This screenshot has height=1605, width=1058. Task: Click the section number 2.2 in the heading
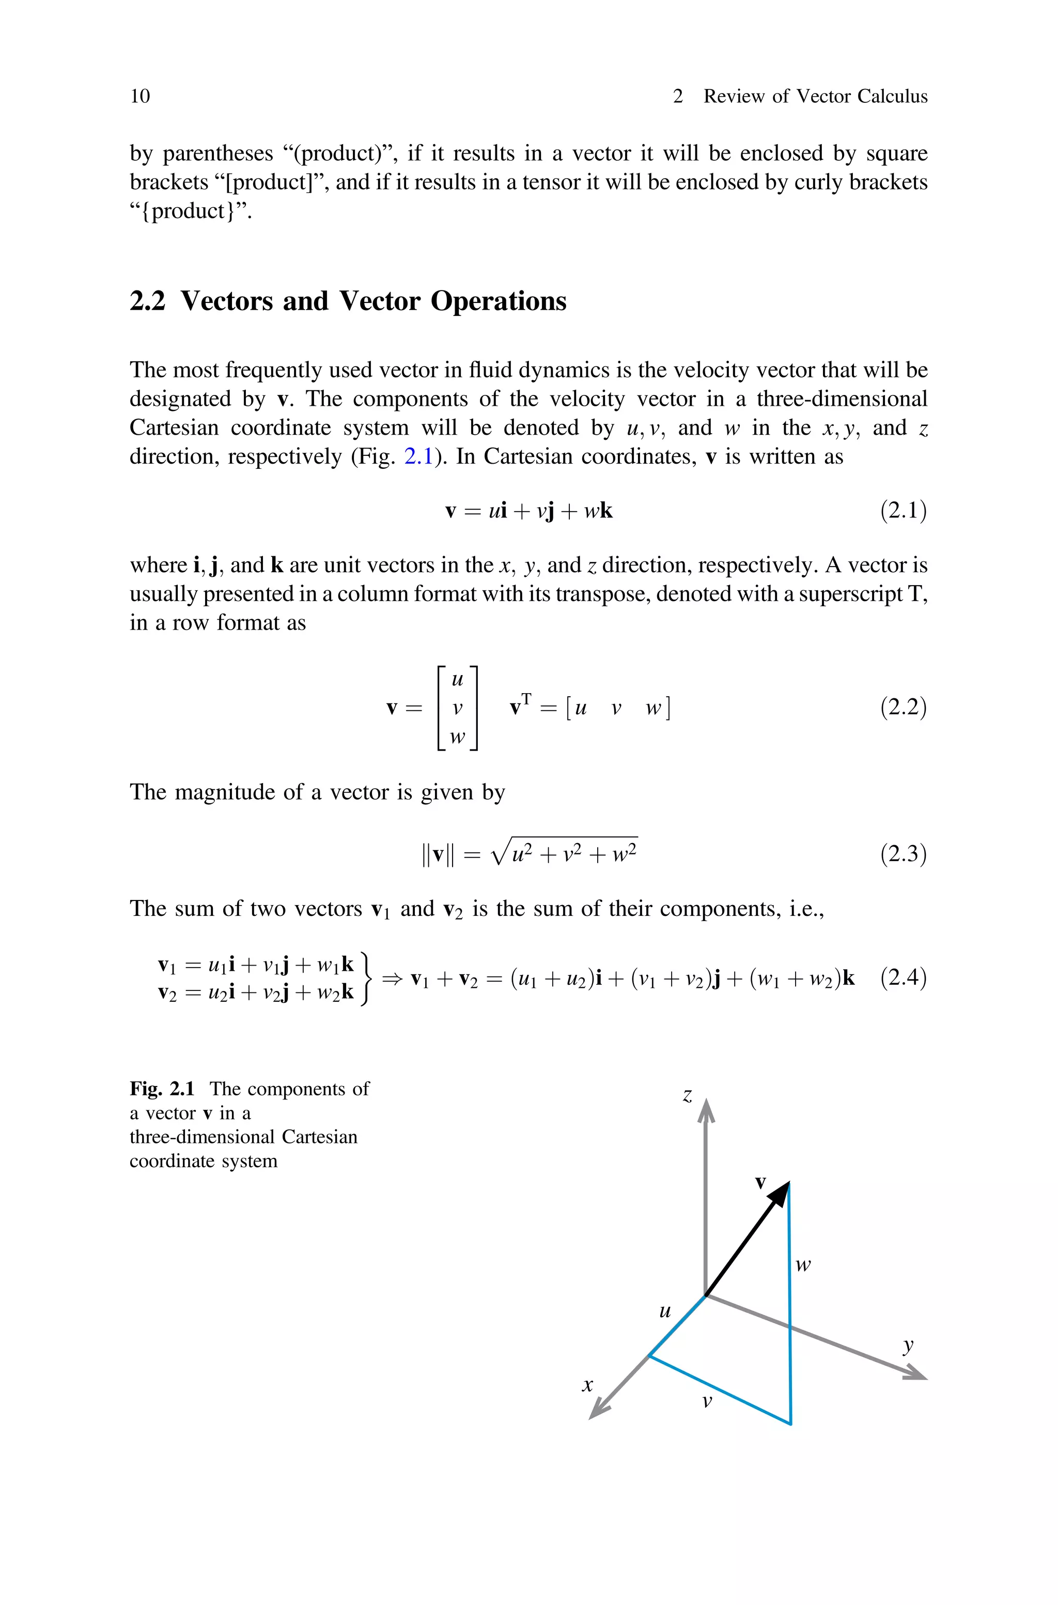pyautogui.click(x=147, y=301)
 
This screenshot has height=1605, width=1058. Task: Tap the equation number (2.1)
pyautogui.click(x=903, y=510)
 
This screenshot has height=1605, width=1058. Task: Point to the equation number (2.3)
pyautogui.click(x=903, y=854)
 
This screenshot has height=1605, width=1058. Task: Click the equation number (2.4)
pyautogui.click(x=903, y=977)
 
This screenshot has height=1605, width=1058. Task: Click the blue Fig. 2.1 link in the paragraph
pyautogui.click(x=417, y=457)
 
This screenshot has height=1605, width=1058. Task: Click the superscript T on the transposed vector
pyautogui.click(x=526, y=698)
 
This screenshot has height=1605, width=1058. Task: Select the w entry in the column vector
pyautogui.click(x=458, y=737)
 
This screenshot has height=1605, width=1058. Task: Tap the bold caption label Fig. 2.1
pyautogui.click(x=162, y=1089)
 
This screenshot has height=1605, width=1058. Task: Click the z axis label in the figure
pyautogui.click(x=687, y=1095)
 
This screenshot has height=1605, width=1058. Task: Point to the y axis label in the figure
pyautogui.click(x=908, y=1344)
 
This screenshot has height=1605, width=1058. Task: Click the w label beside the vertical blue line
pyautogui.click(x=802, y=1265)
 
